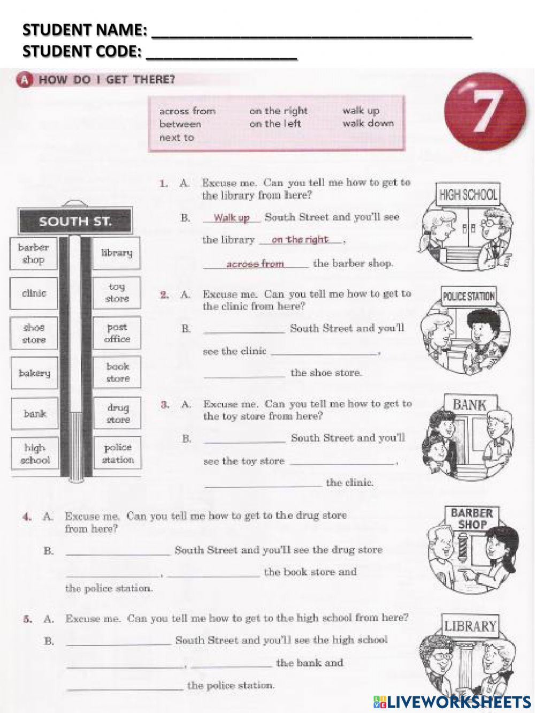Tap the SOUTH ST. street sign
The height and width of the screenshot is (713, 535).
[x=75, y=221]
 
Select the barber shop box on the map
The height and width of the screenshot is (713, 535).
[x=34, y=253]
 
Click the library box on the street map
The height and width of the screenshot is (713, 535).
[x=117, y=253]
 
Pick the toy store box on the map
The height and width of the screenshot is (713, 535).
[x=117, y=293]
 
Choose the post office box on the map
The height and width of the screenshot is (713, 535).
[x=117, y=333]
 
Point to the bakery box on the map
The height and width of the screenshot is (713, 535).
[x=34, y=373]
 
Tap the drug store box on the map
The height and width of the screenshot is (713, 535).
[x=118, y=413]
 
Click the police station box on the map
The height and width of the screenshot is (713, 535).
[x=118, y=453]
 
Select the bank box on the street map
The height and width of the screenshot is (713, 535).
[x=34, y=413]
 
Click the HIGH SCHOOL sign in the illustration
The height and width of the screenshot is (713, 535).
[x=468, y=194]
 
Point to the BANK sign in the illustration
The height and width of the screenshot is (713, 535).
[x=469, y=405]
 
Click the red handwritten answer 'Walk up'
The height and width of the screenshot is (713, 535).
[x=232, y=217]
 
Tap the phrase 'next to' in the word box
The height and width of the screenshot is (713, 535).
[x=177, y=138]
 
